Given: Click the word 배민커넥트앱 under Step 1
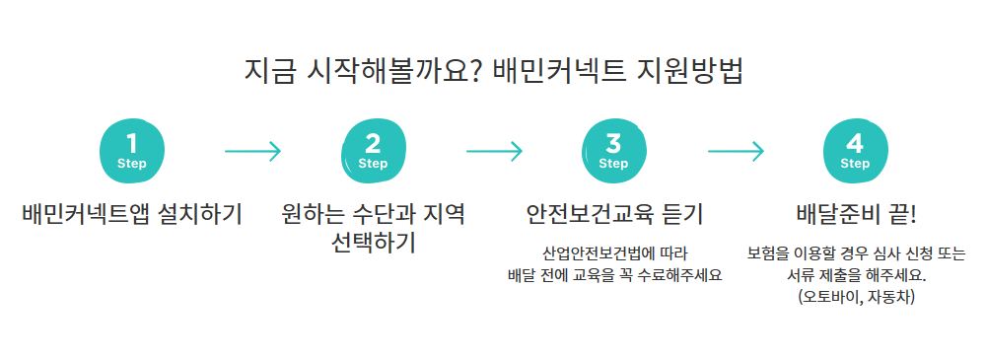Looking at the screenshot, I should (89, 214).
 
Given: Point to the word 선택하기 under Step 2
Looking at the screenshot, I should (374, 242).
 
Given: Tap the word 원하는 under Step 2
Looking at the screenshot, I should (316, 214).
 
